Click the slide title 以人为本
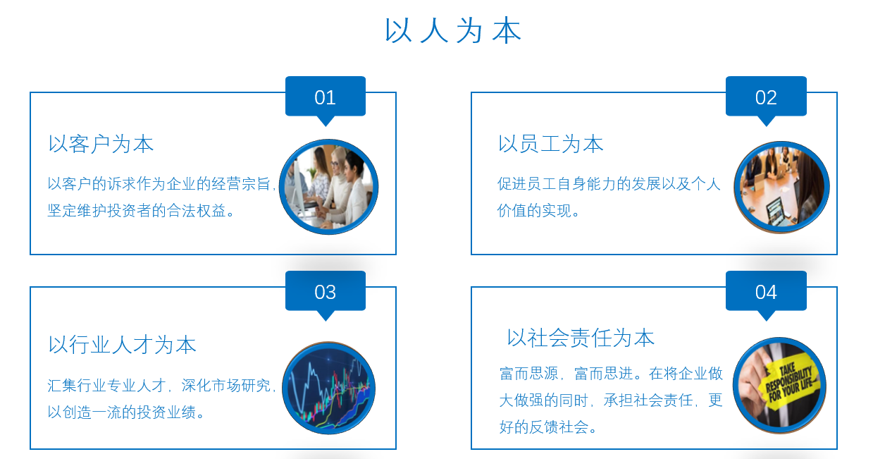tap(453, 30)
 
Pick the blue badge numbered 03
tap(326, 292)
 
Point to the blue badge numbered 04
tap(766, 292)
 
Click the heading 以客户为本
tap(101, 144)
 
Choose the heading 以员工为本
tap(551, 144)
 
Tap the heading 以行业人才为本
tap(122, 345)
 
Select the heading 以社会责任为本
tap(581, 338)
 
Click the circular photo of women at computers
tap(328, 187)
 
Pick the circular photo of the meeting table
tap(782, 187)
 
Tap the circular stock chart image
tap(329, 388)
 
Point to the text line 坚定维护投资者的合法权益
tap(141, 211)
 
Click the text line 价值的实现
tap(538, 211)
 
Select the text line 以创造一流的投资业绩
tap(126, 412)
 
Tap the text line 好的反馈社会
tap(548, 427)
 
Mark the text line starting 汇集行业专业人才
tap(162, 385)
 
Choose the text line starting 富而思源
tap(611, 374)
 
